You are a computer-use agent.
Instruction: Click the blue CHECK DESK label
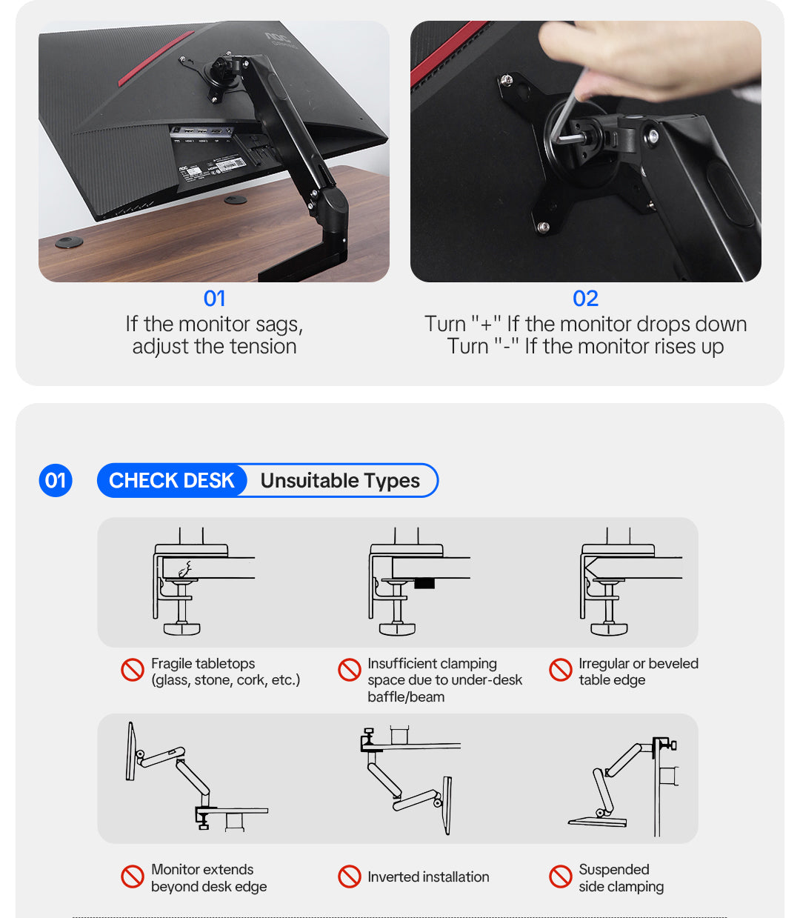171,481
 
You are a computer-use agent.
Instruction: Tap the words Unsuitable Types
340,481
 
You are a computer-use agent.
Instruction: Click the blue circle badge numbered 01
56,481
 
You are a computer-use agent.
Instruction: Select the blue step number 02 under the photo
585,299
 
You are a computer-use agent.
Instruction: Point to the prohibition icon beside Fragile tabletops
133,670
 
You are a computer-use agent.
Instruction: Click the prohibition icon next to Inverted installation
350,877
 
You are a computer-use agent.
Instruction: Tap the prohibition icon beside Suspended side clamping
561,877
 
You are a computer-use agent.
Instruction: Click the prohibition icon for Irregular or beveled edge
561,670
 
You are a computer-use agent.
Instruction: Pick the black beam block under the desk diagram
424,583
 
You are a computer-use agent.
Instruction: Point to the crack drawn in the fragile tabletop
185,569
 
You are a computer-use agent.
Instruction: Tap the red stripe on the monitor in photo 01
156,59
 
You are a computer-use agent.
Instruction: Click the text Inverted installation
428,877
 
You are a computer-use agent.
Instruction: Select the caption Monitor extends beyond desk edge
209,877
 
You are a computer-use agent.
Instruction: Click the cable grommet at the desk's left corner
69,242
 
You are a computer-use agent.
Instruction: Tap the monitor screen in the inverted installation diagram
447,805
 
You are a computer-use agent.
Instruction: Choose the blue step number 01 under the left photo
214,299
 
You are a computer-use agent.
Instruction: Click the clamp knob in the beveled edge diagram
609,629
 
